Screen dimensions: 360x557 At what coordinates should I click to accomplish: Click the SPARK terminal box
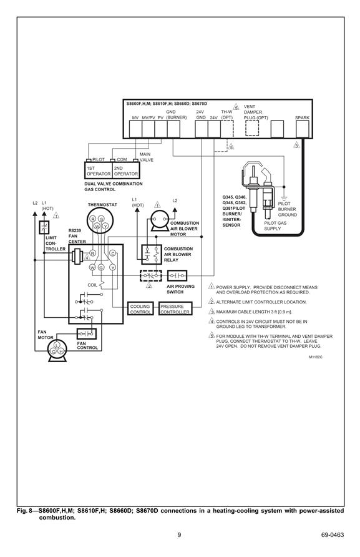(x=302, y=129)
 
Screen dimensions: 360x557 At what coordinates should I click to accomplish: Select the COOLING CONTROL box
(x=140, y=308)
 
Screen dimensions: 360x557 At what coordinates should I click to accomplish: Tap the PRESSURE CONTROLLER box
(x=175, y=308)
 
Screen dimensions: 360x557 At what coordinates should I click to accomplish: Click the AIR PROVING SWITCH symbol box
(x=177, y=275)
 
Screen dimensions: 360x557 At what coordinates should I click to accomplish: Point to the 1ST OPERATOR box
(x=99, y=170)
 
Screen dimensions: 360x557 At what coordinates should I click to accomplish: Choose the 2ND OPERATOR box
(x=126, y=170)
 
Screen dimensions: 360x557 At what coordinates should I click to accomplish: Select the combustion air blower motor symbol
(x=159, y=220)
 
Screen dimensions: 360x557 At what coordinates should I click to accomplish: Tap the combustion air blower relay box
(x=152, y=254)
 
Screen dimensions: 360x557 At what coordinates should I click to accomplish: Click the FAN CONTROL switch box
(x=87, y=333)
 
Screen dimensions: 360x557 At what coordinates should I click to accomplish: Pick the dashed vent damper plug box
(x=252, y=128)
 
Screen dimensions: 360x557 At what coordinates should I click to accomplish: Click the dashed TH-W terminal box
(x=227, y=129)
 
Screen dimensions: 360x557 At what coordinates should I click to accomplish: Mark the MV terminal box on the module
(x=135, y=129)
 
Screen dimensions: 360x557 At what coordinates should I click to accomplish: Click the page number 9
(x=179, y=535)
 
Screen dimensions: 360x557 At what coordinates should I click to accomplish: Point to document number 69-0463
(x=333, y=535)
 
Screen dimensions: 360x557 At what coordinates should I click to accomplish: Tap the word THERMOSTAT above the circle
(x=102, y=205)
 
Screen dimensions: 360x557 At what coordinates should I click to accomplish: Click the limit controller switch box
(x=44, y=227)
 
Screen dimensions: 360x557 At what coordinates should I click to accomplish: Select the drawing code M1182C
(x=315, y=357)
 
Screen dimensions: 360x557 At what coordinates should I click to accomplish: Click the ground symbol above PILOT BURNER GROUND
(x=284, y=198)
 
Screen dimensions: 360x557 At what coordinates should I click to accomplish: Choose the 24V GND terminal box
(x=202, y=129)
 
